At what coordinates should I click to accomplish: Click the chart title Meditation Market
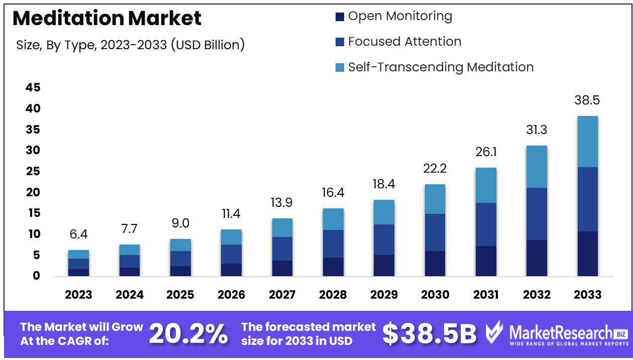click(107, 18)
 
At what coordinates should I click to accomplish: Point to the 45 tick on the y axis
click(33, 88)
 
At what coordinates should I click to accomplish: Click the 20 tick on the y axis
click(33, 192)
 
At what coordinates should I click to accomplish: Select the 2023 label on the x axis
click(78, 295)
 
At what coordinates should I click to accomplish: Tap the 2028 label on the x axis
click(333, 295)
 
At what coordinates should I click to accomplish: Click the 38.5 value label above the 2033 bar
click(587, 100)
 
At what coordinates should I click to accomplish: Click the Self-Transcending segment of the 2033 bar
click(587, 142)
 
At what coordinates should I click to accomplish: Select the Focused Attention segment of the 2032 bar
click(537, 214)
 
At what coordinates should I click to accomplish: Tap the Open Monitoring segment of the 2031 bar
click(486, 261)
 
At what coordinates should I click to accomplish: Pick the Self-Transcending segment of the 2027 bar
click(282, 227)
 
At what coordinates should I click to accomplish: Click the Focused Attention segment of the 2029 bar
click(384, 239)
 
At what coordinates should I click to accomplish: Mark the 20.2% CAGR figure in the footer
click(188, 334)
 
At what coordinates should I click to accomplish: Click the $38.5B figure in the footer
click(429, 334)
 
